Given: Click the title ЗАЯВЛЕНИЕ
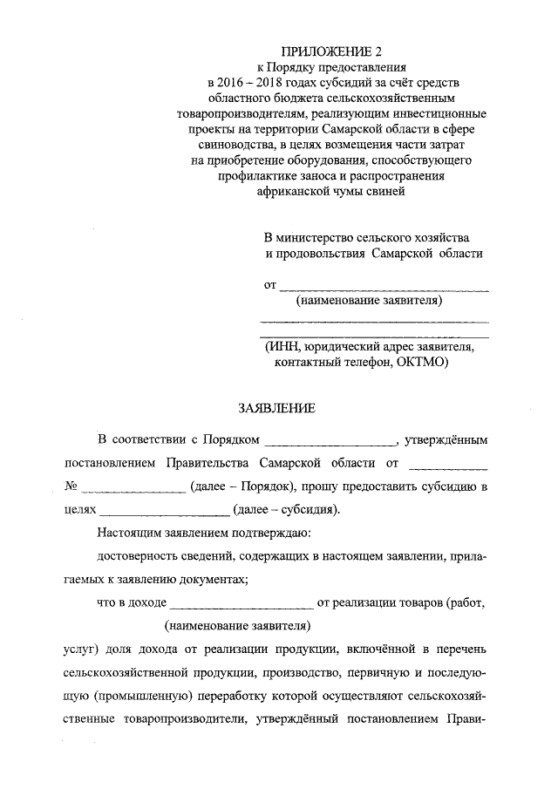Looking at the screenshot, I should (x=276, y=407).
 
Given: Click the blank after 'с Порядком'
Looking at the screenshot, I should (x=331, y=439).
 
